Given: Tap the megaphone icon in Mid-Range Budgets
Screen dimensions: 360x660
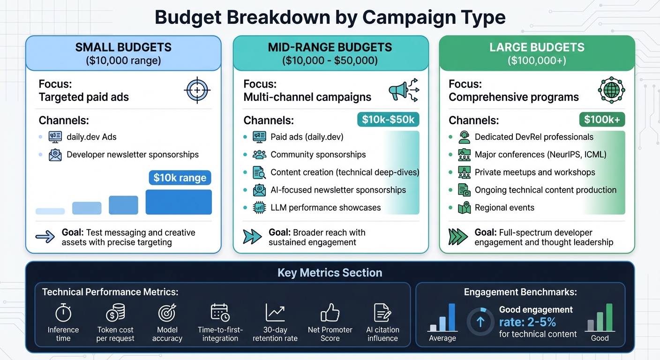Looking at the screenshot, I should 403,90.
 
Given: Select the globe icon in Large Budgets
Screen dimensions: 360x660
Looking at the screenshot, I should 611,90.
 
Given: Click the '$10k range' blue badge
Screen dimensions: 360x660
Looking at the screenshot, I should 180,178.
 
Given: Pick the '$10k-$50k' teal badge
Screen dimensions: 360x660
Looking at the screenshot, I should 388,120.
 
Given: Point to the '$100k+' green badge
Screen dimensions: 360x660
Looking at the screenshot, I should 602,120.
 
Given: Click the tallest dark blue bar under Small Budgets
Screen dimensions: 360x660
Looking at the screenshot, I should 179,202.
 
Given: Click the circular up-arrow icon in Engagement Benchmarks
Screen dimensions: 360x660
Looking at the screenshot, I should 480,322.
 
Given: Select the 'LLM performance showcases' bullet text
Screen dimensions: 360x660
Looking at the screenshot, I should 325,208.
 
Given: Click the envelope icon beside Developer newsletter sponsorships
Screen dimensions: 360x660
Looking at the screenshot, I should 55,155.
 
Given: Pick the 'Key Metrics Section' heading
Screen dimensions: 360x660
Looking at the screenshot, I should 330,273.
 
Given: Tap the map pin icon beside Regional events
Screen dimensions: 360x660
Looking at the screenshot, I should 464,208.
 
